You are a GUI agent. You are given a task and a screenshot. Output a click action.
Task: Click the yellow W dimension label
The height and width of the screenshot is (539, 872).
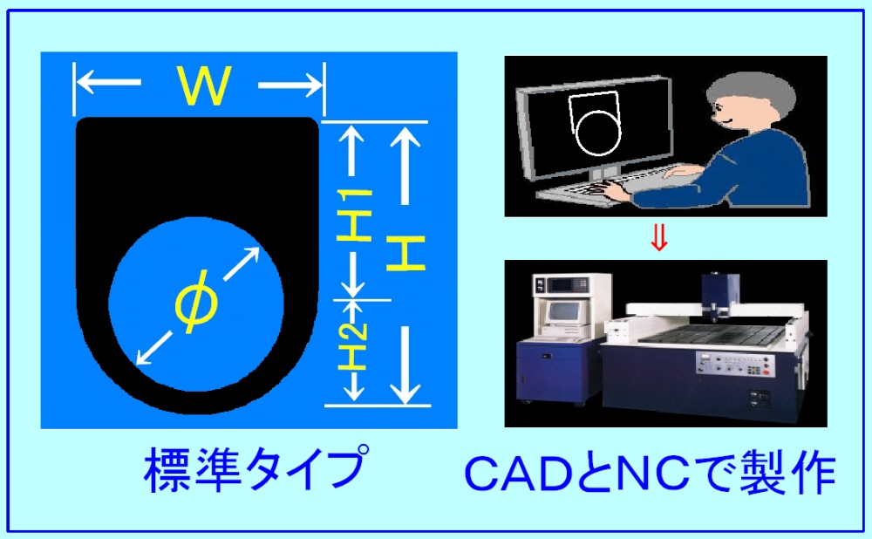point(204,85)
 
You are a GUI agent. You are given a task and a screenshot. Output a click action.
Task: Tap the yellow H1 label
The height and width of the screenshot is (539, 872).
point(354,215)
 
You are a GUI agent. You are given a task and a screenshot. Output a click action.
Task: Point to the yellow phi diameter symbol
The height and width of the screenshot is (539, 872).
point(196,301)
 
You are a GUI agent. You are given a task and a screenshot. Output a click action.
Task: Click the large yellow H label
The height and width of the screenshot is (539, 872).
point(406,253)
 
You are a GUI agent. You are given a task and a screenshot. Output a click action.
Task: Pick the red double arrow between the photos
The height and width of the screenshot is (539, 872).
point(659,238)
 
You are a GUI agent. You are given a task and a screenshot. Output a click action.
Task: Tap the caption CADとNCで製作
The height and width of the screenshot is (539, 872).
point(650,474)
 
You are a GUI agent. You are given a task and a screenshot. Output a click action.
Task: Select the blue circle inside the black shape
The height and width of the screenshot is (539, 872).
point(196,304)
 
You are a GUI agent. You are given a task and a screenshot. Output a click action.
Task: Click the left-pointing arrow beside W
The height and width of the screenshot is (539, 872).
point(109,83)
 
